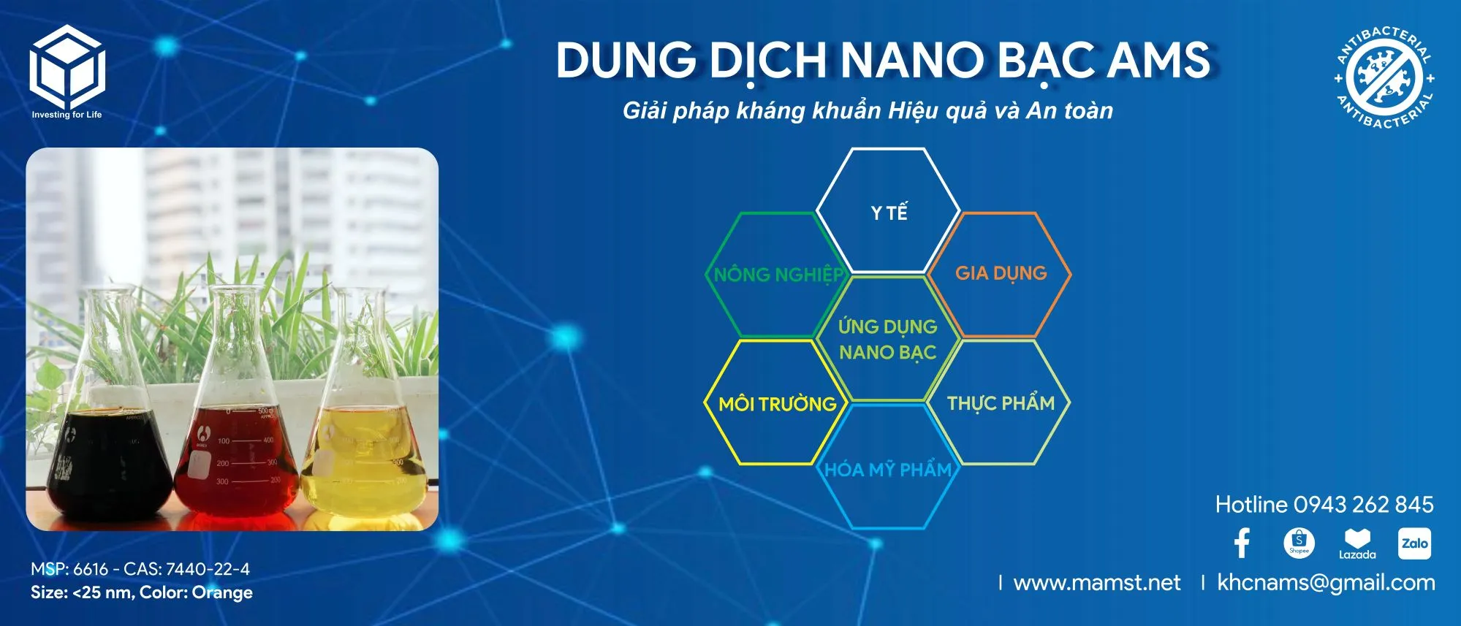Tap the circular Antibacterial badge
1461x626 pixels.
click(x=1384, y=77)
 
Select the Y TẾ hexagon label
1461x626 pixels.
click(x=889, y=213)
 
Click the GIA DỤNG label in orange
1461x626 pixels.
click(x=1001, y=273)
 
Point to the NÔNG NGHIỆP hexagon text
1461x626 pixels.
click(x=778, y=275)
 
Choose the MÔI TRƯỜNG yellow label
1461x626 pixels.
click(x=778, y=404)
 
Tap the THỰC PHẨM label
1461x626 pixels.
click(x=1001, y=403)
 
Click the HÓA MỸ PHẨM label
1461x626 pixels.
click(x=888, y=469)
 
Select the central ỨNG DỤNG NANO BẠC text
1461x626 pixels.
click(x=888, y=339)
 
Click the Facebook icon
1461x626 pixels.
click(x=1242, y=543)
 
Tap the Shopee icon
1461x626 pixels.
click(x=1299, y=543)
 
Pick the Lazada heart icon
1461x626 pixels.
click(x=1357, y=540)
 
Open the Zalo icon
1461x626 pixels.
click(x=1414, y=543)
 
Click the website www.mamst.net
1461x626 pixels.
click(x=1097, y=582)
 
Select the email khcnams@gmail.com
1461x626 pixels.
click(x=1326, y=583)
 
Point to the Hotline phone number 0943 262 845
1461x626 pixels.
click(x=1364, y=504)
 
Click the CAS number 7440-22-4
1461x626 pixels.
click(x=208, y=569)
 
